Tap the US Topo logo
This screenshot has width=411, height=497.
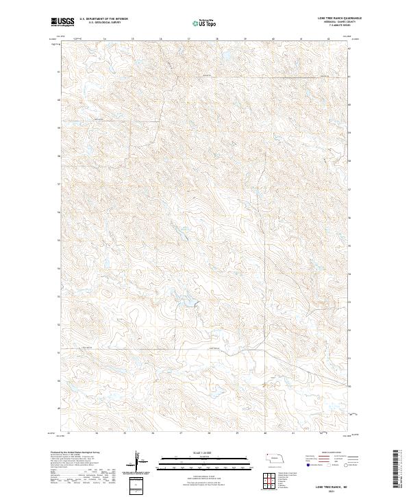tap(203, 23)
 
